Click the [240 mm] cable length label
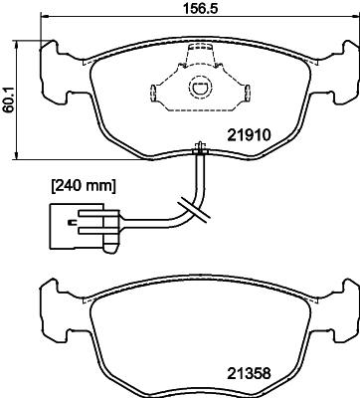tap(84, 184)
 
